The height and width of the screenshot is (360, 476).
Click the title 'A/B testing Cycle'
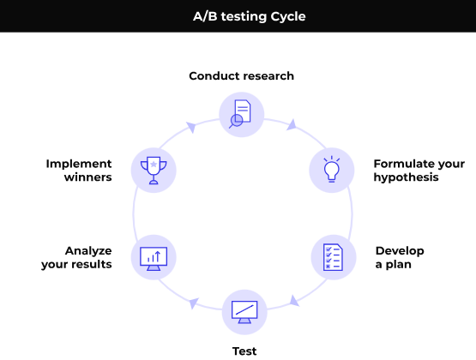coord(250,16)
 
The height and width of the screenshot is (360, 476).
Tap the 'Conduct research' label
coord(241,75)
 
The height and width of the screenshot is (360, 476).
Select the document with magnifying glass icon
coord(240,114)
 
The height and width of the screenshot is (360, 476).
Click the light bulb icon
coord(332,169)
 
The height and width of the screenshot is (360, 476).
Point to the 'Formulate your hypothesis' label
coord(419,171)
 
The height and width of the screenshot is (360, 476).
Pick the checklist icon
coord(333,257)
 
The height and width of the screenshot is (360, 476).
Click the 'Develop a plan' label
coord(400,257)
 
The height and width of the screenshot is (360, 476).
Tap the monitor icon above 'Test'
coord(244,312)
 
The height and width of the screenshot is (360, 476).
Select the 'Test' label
coord(244,351)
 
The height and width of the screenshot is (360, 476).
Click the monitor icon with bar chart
coord(154,259)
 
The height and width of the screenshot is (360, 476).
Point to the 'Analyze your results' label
coord(76,257)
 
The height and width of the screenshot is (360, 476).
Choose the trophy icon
coord(154,171)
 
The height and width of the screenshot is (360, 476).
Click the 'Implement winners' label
coord(79,171)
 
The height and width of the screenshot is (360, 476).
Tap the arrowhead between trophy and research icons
coord(191,127)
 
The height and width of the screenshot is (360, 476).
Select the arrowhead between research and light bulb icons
coord(292,125)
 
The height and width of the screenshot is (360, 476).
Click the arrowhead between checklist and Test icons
coord(294,301)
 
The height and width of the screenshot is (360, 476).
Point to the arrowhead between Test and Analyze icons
coord(193,303)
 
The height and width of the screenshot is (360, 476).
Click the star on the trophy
coord(154,164)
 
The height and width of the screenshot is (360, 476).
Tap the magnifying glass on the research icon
coord(235,122)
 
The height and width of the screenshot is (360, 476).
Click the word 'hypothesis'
coord(407,177)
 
